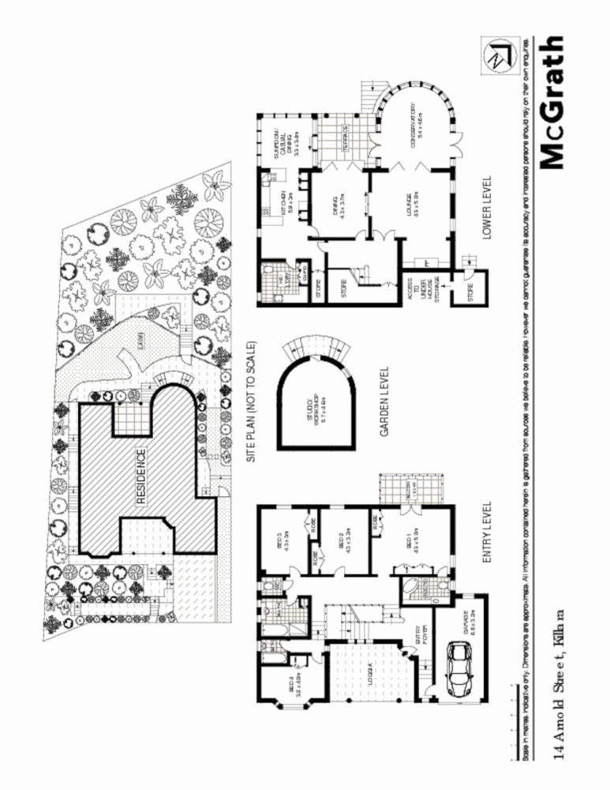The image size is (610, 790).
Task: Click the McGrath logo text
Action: [x=553, y=102]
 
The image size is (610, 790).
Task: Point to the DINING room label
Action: [x=341, y=203]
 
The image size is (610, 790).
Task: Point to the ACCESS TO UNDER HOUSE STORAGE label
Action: [x=417, y=295]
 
